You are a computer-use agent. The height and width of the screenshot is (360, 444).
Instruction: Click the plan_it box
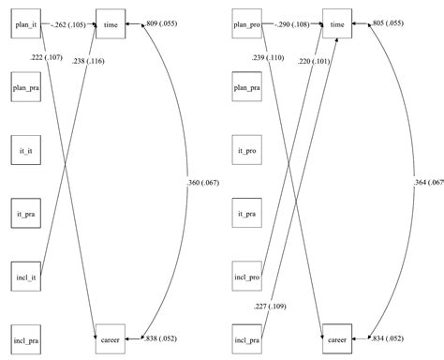(x=26, y=22)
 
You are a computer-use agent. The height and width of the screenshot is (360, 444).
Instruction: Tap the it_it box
(x=26, y=150)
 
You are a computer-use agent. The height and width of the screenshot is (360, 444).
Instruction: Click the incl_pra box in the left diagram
(x=26, y=337)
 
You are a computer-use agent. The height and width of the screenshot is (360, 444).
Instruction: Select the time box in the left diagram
(x=111, y=22)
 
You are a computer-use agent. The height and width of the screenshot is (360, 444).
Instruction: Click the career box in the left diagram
(x=111, y=337)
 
